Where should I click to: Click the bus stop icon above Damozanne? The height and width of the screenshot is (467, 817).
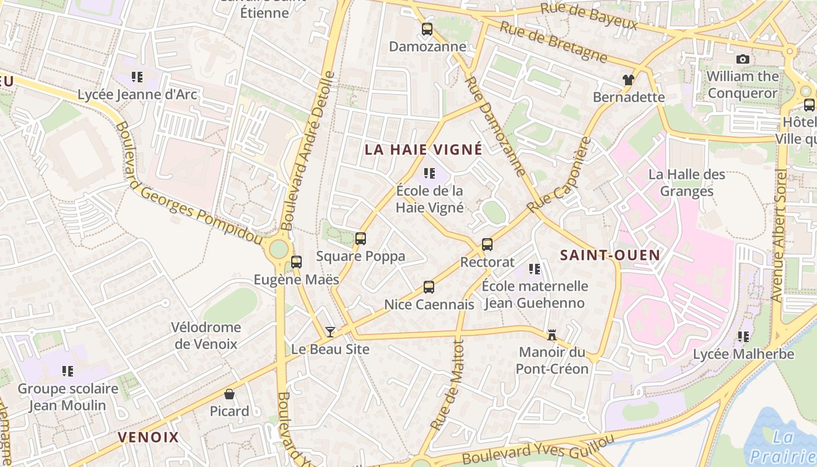(427, 29)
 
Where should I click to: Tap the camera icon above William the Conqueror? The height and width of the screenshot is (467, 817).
(743, 59)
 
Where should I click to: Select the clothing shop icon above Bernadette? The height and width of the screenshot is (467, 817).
(628, 80)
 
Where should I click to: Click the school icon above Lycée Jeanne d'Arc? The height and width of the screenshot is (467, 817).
(137, 77)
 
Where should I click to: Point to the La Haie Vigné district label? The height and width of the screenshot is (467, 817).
(424, 149)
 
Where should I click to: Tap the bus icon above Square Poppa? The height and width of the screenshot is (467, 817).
(361, 238)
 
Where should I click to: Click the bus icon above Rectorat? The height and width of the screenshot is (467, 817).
(487, 245)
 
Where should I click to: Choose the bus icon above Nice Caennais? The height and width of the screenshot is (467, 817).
(429, 287)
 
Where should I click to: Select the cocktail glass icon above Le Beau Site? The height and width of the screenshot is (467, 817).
(330, 332)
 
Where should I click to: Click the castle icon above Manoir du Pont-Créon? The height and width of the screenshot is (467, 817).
(551, 335)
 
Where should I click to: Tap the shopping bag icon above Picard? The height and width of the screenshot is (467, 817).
(229, 394)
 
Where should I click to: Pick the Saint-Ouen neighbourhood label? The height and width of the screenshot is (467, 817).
(610, 255)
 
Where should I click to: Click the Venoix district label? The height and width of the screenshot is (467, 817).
(148, 437)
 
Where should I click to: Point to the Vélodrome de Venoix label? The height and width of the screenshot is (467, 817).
(206, 336)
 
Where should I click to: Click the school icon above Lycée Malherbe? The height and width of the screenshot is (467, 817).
(743, 336)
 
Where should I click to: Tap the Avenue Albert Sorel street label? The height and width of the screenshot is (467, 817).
(779, 236)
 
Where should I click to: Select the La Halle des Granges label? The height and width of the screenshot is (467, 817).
(687, 183)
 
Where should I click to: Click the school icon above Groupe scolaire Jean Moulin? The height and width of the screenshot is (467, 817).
(68, 371)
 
